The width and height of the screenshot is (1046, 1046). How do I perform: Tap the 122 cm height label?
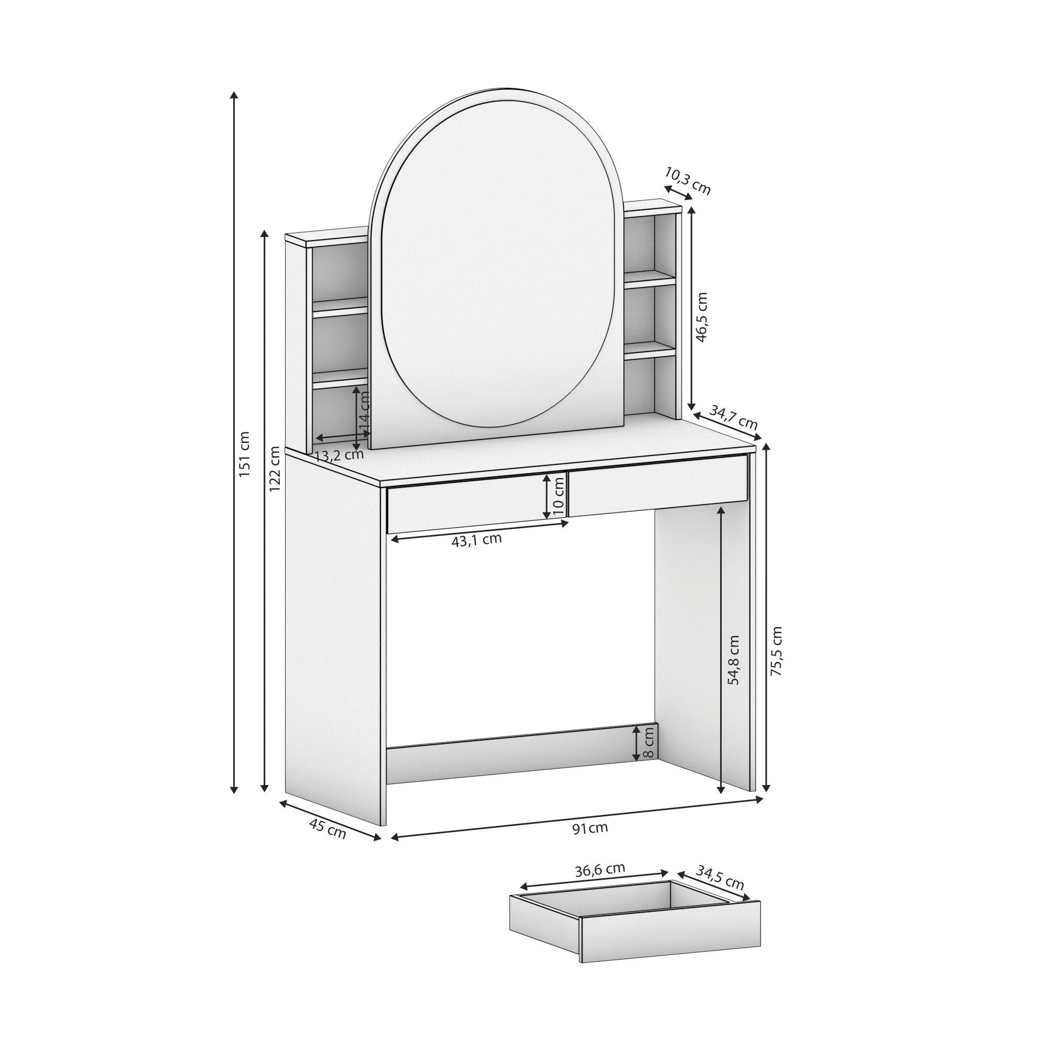tap(275, 468)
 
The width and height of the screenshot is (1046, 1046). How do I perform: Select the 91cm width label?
tap(590, 827)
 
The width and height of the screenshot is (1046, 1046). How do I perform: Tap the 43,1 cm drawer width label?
tap(476, 540)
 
